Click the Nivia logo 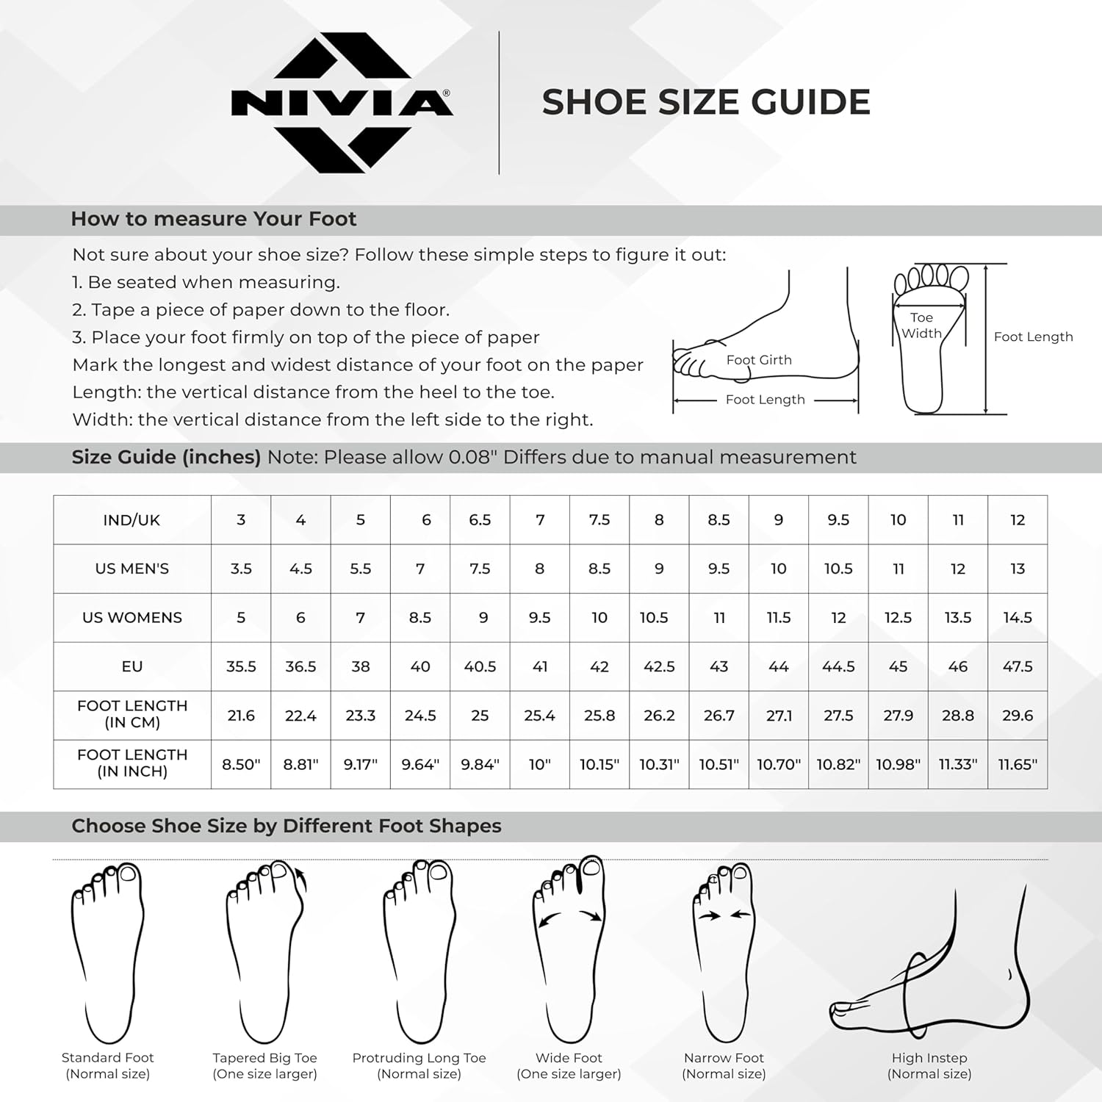click(342, 102)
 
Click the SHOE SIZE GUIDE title click(705, 102)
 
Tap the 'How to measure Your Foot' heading click(213, 219)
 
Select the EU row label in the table click(132, 666)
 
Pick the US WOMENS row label click(132, 617)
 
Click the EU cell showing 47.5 click(1018, 666)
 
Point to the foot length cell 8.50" click(241, 764)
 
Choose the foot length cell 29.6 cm click(1018, 715)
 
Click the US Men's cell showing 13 click(1018, 569)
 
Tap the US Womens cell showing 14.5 click(1018, 617)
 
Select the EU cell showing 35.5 click(241, 666)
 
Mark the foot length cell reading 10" click(539, 764)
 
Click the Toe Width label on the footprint click(921, 325)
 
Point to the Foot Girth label click(759, 360)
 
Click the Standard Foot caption click(108, 1065)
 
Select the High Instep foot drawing click(929, 970)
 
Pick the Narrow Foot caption click(724, 1065)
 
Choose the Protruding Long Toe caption click(419, 1065)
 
